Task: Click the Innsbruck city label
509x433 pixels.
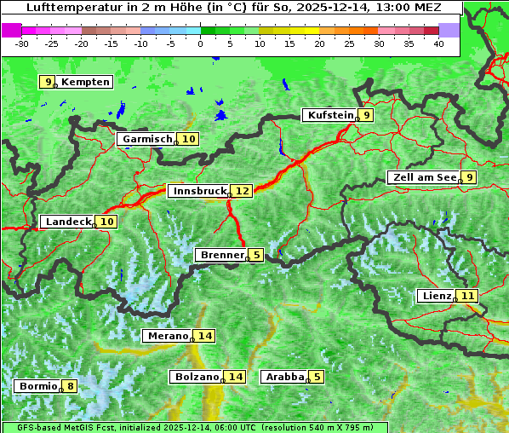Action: point(197,191)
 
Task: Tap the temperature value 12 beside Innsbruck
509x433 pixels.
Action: point(243,191)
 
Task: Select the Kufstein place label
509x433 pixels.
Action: point(329,115)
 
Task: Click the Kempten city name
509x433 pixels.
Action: point(85,82)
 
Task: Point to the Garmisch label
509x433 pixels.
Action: point(146,139)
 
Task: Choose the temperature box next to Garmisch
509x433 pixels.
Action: point(188,139)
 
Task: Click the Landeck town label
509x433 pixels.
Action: point(67,222)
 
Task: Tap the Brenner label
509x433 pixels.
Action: point(220,255)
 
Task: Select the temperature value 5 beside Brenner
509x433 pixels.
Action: point(256,255)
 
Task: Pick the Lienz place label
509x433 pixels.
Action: point(435,296)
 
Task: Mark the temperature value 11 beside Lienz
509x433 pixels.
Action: point(468,296)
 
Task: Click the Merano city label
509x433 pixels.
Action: point(166,336)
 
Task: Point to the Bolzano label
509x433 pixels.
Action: point(196,377)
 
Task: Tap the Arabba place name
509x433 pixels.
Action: point(284,377)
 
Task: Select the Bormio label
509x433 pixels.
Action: point(37,386)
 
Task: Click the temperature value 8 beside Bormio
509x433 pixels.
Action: point(70,386)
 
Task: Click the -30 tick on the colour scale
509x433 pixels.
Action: point(22,43)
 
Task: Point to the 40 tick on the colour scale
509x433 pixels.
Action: point(438,43)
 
